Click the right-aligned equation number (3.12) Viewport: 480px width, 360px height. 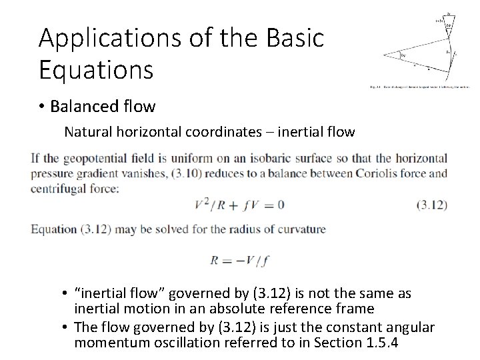click(x=431, y=205)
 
